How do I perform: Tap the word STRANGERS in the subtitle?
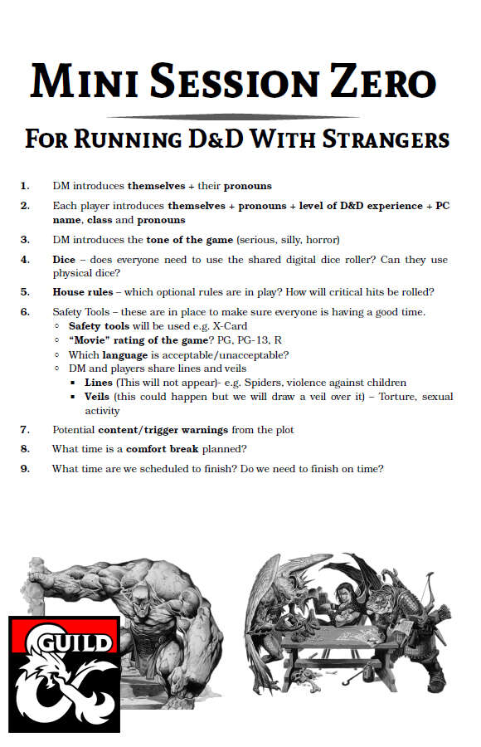385,138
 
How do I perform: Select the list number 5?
25,292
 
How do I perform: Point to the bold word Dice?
64,260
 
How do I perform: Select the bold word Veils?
99,397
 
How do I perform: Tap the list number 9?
25,469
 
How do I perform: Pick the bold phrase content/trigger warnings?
166,430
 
